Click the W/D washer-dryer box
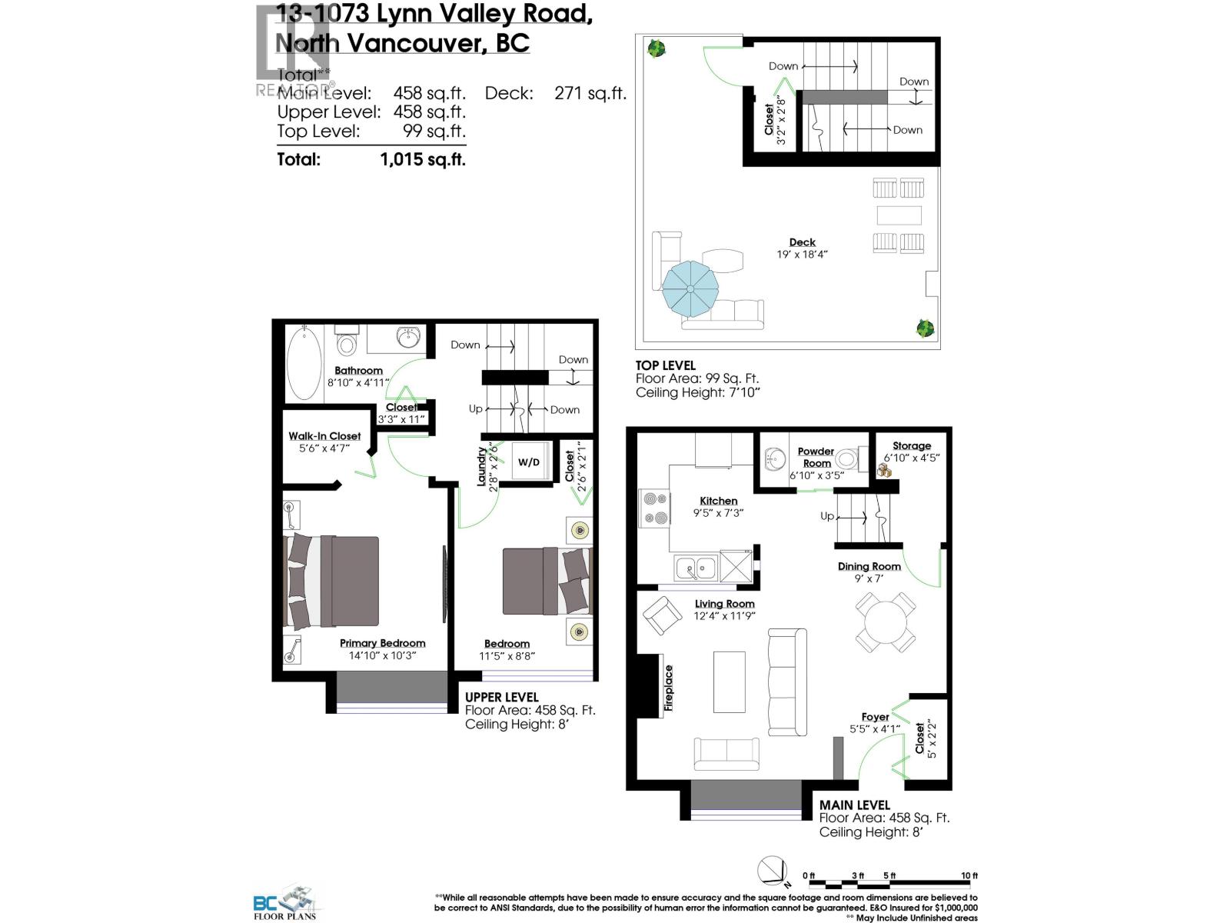pyautogui.click(x=528, y=462)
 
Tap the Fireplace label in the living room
pyautogui.click(x=669, y=688)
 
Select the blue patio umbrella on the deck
pyautogui.click(x=690, y=288)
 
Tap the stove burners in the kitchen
pyautogui.click(x=655, y=508)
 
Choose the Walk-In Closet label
pyautogui.click(x=324, y=436)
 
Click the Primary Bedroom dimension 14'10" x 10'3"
pyautogui.click(x=382, y=655)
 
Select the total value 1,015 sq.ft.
pyautogui.click(x=423, y=159)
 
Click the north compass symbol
pyautogui.click(x=773, y=871)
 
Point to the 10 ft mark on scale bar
pyautogui.click(x=969, y=876)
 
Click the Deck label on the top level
pyautogui.click(x=802, y=242)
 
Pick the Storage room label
pyautogui.click(x=912, y=446)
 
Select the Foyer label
pyautogui.click(x=875, y=717)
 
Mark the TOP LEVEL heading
pyautogui.click(x=665, y=365)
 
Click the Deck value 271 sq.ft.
pyautogui.click(x=590, y=94)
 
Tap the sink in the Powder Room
pyautogui.click(x=773, y=461)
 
